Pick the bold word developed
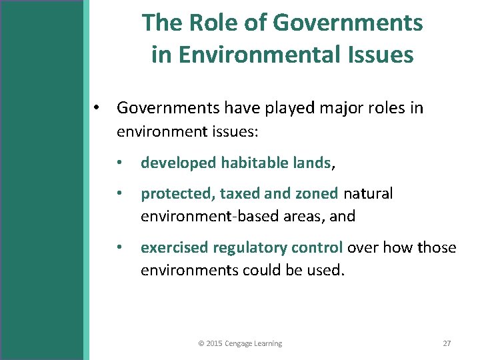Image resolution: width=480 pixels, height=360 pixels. (179, 162)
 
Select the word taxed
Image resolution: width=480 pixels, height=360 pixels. (239, 194)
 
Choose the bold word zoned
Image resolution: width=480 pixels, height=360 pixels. (315, 194)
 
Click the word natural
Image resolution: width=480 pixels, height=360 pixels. (368, 194)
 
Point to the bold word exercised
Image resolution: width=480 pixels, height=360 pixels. (175, 248)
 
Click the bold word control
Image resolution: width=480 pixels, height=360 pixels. (317, 248)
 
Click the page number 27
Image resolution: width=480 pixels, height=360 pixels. (447, 343)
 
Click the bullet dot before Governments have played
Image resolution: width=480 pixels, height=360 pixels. (97, 108)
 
